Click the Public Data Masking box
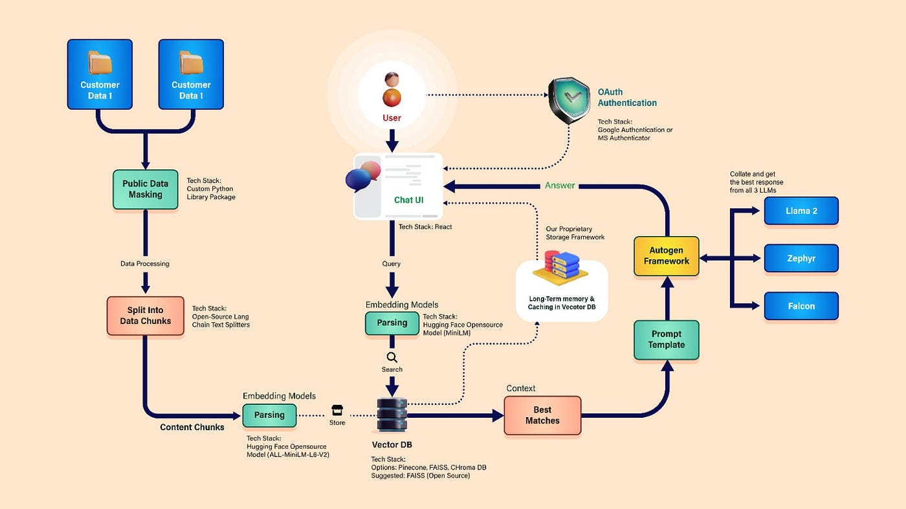point(145,190)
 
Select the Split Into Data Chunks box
point(145,316)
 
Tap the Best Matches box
point(542,415)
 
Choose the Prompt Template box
point(667,340)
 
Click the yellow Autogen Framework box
point(667,256)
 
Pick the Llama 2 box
point(801,211)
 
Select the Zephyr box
point(801,258)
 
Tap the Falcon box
point(801,306)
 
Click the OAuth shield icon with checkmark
point(568,100)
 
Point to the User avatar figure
point(392,90)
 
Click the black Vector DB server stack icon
point(392,415)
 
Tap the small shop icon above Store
point(337,410)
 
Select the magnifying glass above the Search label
point(392,357)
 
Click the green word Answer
point(560,186)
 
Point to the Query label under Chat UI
point(392,264)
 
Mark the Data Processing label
point(145,264)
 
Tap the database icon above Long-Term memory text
point(560,268)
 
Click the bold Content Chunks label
point(192,428)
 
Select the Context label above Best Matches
point(521,389)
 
